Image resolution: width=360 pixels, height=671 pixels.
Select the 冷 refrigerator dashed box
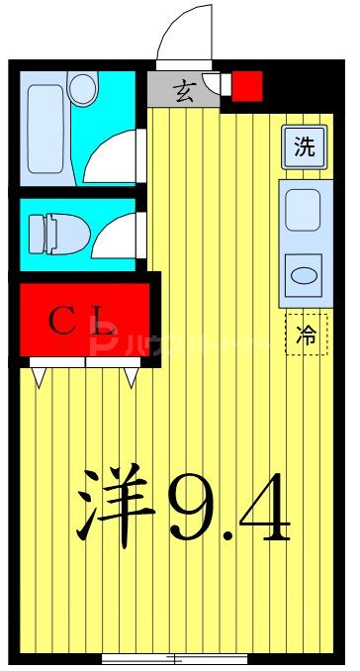[306, 334]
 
